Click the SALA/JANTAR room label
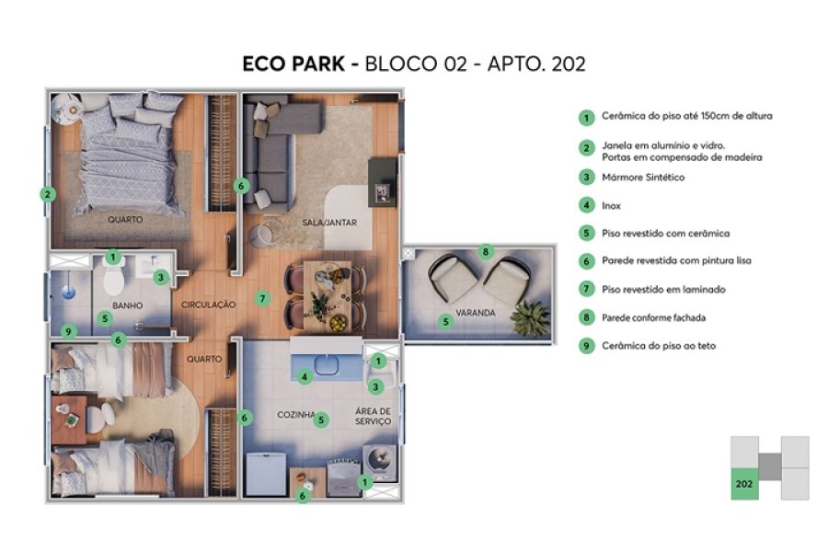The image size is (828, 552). pos(329,223)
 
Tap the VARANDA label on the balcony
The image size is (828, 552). pos(477,313)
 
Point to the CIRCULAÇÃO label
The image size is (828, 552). pos(209,305)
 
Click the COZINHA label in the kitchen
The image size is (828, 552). pos(296,415)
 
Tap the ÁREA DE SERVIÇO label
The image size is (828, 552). pos(373,416)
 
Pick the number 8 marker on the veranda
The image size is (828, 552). pos(486,251)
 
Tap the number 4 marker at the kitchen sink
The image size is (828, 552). pos(305,375)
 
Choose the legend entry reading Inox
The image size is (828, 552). pos(611,205)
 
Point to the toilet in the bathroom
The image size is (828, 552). pos(114,280)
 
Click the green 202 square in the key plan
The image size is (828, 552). pos(743,483)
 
